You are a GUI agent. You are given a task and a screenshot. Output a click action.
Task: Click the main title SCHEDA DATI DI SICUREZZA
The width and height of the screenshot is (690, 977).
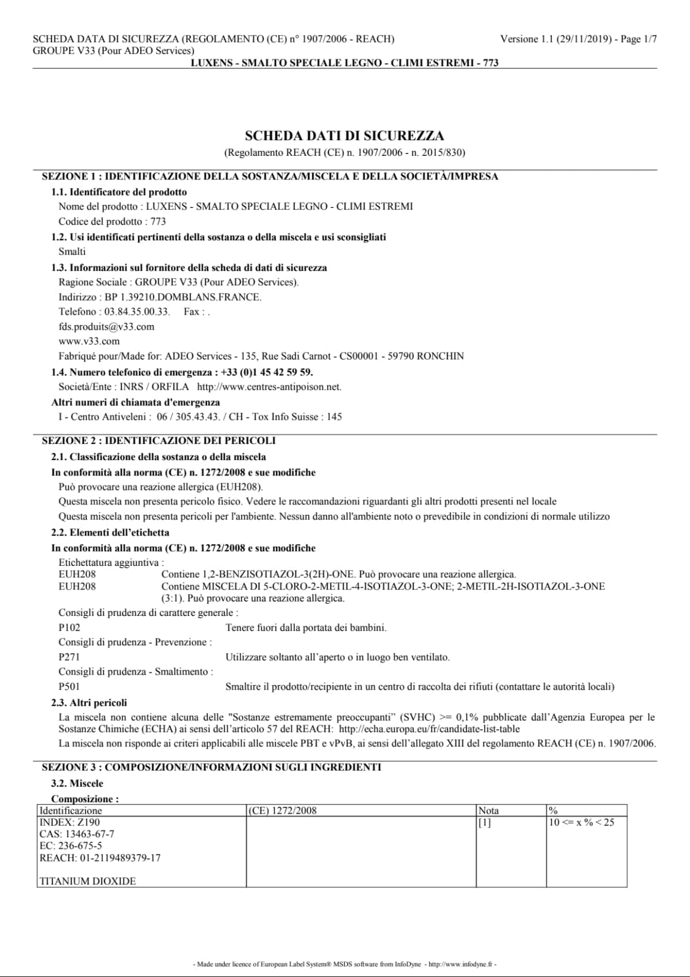(x=344, y=136)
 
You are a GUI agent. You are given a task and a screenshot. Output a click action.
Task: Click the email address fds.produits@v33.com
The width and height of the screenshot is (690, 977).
(x=106, y=327)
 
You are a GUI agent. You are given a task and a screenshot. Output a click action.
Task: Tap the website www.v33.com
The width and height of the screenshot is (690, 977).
(x=89, y=341)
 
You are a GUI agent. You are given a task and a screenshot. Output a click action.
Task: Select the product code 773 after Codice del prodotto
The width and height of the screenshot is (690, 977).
(x=158, y=221)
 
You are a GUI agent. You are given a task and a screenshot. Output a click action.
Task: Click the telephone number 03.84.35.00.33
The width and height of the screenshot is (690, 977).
(x=137, y=312)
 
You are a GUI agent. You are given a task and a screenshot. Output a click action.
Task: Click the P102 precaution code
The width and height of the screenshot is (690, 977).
(x=70, y=627)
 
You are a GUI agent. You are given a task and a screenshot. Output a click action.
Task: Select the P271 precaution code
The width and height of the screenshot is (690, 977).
(x=70, y=657)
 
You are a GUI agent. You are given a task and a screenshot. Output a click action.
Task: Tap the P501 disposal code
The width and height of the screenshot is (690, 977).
(x=70, y=686)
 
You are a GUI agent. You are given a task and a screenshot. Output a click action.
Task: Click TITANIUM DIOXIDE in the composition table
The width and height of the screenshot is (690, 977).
(x=88, y=881)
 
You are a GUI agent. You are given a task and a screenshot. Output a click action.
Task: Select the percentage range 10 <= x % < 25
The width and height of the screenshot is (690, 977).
(x=582, y=822)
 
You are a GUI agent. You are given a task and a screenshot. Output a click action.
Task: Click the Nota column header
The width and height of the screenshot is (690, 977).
(x=489, y=810)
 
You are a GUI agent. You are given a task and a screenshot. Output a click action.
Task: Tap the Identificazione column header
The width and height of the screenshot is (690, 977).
(x=71, y=810)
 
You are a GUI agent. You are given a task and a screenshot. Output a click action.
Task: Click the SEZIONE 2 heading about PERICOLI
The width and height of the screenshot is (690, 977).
(x=159, y=440)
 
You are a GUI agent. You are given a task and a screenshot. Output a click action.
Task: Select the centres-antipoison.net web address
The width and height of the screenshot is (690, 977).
(x=269, y=387)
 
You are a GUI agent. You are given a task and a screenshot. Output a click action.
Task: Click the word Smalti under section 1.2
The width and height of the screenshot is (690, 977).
(x=72, y=251)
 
